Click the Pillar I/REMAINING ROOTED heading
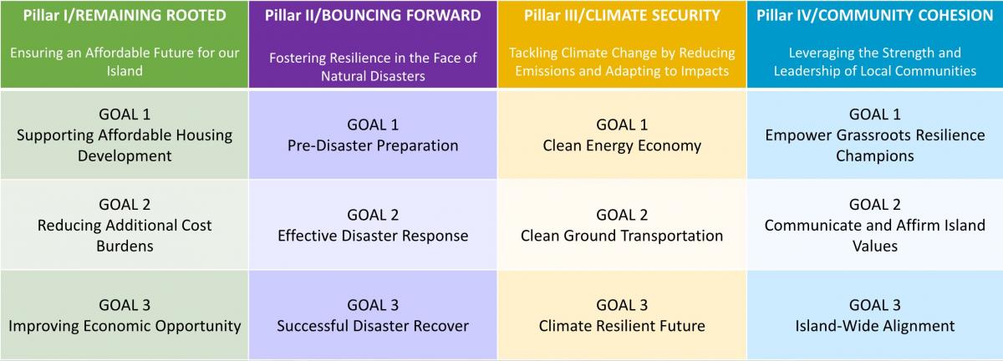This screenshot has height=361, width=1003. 125,16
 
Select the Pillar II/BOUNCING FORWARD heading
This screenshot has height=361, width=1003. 373,16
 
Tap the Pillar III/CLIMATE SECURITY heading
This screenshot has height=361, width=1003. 622,16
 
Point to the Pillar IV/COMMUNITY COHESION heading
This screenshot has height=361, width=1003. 875,16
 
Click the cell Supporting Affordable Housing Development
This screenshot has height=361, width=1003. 125,135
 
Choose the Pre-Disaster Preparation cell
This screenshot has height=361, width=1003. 373,135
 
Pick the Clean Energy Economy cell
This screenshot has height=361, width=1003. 622,135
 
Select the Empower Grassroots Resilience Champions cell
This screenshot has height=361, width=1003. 875,135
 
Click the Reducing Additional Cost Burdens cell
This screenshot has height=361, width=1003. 125,225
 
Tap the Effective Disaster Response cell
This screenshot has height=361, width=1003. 373,225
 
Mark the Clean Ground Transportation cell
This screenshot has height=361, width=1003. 622,225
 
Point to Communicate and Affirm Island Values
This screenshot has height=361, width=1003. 875,225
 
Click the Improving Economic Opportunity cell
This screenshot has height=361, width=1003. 125,315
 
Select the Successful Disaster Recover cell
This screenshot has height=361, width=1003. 373,315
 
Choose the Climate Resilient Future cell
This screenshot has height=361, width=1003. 622,315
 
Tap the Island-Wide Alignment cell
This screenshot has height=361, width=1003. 875,315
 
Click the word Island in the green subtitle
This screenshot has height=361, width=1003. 125,71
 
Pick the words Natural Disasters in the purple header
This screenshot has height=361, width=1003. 373,76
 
